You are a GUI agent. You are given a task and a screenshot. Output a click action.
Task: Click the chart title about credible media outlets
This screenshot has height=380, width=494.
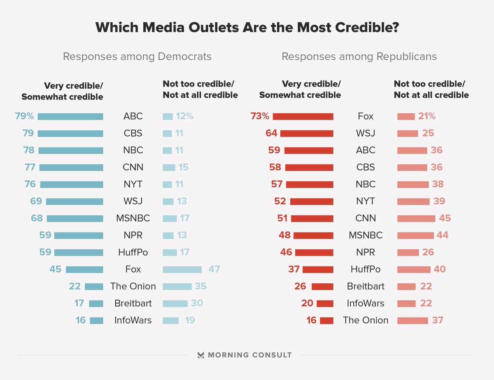[x=247, y=28]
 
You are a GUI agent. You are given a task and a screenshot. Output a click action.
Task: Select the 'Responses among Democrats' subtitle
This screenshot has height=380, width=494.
[x=137, y=56]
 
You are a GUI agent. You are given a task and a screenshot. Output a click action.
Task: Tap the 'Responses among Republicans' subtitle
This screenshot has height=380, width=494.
[x=359, y=56]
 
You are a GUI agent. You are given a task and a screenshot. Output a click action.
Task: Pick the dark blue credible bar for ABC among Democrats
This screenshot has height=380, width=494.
[x=70, y=117]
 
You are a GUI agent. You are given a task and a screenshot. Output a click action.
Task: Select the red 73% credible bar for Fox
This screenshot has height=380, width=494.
[x=303, y=117]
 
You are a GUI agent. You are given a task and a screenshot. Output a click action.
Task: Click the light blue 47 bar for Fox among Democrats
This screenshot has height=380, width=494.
[x=182, y=270]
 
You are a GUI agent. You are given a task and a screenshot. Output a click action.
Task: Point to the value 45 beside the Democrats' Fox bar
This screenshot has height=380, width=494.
[x=56, y=270]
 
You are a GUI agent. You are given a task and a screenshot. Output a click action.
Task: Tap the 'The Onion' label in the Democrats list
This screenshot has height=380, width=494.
[x=133, y=287]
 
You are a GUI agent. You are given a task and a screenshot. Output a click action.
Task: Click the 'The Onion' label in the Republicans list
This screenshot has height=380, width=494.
[x=366, y=320]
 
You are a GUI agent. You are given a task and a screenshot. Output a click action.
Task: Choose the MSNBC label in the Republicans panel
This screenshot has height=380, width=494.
[x=366, y=235]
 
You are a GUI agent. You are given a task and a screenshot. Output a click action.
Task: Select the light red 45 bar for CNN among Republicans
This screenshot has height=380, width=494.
[x=416, y=219]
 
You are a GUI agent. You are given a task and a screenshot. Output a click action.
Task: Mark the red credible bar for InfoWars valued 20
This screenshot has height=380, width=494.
[x=325, y=303]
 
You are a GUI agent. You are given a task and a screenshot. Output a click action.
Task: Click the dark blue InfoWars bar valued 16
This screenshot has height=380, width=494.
[x=96, y=320]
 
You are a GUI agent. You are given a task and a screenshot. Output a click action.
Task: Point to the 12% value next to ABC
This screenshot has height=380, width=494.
[x=184, y=117]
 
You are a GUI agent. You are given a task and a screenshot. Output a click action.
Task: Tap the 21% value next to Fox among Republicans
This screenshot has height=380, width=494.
[x=426, y=117]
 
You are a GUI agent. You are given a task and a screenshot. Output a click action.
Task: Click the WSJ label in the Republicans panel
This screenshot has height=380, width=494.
[x=366, y=133]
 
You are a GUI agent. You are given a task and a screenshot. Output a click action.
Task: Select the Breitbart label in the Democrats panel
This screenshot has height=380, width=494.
[x=133, y=303]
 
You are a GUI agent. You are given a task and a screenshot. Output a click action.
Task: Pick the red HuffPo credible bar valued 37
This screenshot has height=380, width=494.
[x=318, y=270]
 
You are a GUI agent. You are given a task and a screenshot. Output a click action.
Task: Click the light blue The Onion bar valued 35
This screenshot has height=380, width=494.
[x=177, y=287]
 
